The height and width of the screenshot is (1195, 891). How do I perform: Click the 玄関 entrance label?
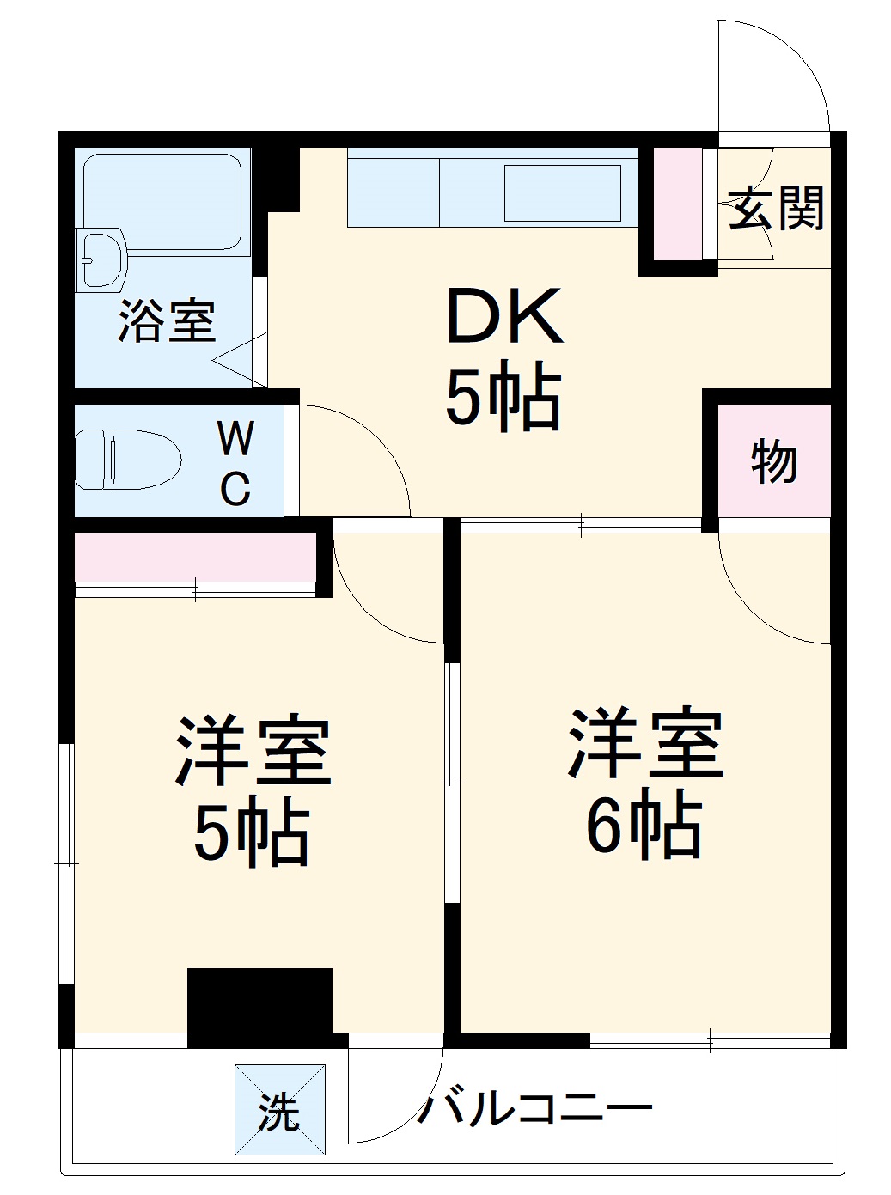[x=776, y=208]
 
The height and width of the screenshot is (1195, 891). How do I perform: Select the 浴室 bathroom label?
[x=167, y=321]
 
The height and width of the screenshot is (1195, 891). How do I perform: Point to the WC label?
[x=235, y=464]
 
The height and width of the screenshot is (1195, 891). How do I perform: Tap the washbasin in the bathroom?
[x=101, y=258]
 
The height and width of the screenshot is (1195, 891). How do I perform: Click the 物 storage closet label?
[x=774, y=462]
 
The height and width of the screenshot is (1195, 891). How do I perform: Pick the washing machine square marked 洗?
[x=280, y=1110]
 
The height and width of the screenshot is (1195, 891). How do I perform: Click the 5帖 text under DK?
[x=503, y=399]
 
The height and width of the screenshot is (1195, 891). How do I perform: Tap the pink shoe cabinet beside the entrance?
[x=678, y=203]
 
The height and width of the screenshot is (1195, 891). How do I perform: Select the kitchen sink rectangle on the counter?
[x=562, y=193]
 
